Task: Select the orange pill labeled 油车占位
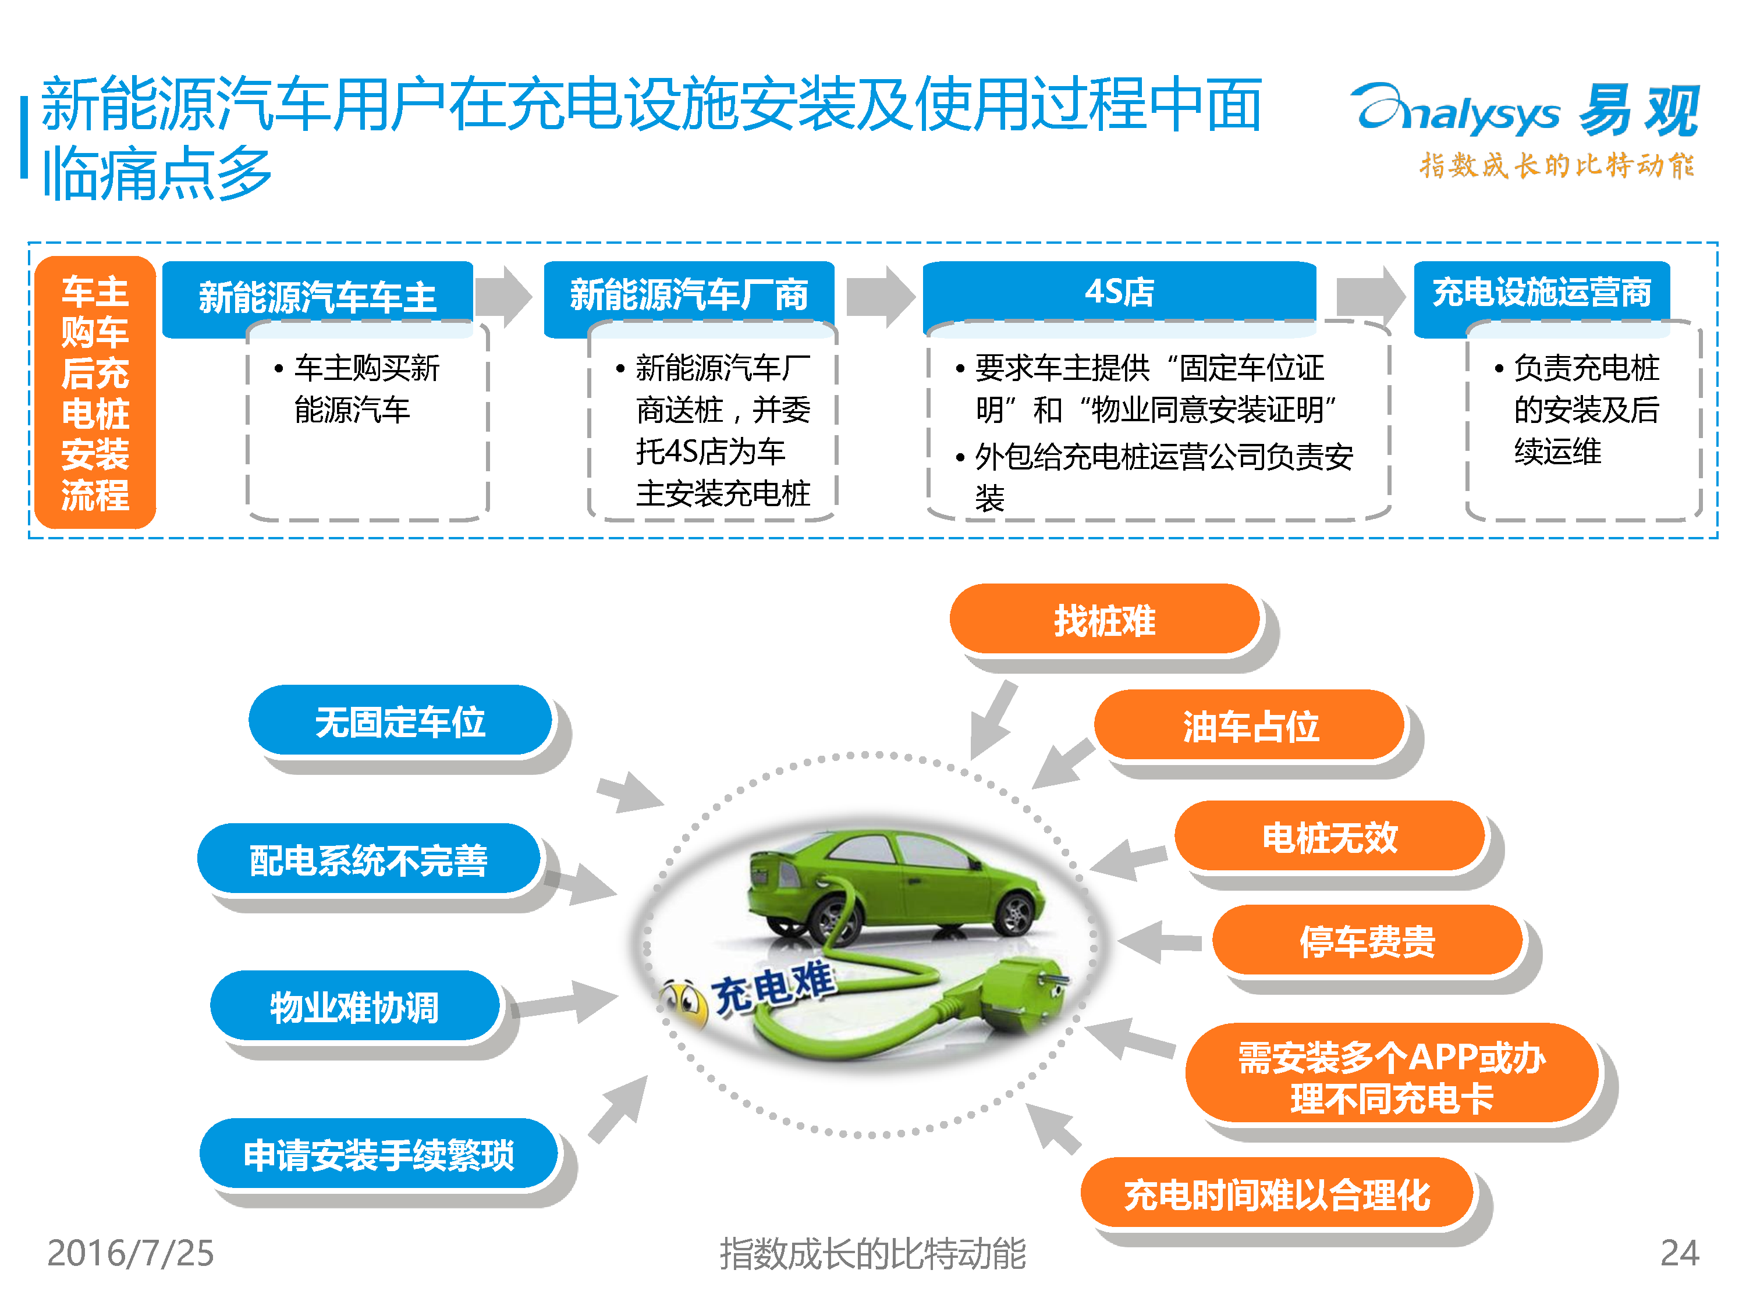pos(1250,725)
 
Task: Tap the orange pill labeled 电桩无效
pos(1330,837)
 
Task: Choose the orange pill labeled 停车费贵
pos(1367,941)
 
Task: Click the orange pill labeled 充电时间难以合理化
pos(1277,1193)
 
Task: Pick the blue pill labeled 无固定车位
pos(400,720)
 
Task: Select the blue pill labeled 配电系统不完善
pos(368,859)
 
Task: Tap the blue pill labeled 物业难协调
pos(355,1006)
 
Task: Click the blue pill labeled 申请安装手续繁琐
pos(379,1154)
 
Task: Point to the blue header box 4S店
pos(1119,291)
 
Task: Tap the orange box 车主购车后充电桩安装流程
pos(95,392)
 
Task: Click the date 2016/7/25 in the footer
pos(130,1253)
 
